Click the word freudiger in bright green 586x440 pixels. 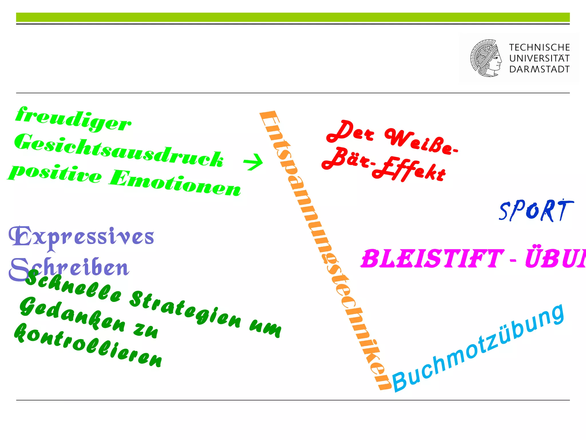click(73, 119)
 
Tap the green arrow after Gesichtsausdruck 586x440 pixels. click(253, 162)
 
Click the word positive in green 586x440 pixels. click(54, 173)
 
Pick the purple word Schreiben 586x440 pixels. click(72, 268)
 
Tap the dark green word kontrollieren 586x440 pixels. click(87, 345)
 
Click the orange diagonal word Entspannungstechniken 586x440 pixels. click(325, 249)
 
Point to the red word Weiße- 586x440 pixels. click(421, 142)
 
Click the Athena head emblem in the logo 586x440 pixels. click(486, 58)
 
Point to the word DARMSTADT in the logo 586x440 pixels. click(539, 69)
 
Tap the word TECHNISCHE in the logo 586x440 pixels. click(539, 47)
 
